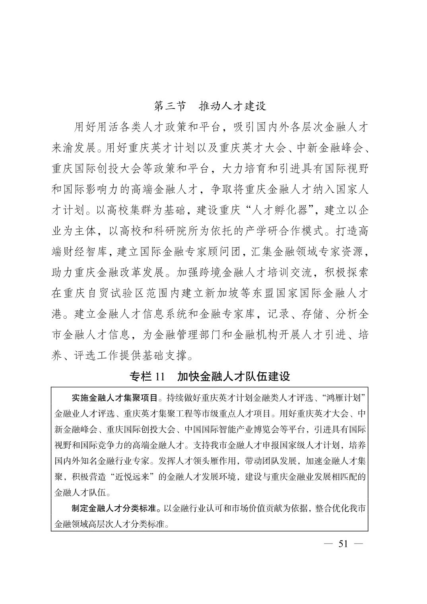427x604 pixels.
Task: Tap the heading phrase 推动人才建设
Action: (233, 106)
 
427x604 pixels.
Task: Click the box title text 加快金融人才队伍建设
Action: (234, 376)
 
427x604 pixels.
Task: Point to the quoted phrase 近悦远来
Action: (128, 477)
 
